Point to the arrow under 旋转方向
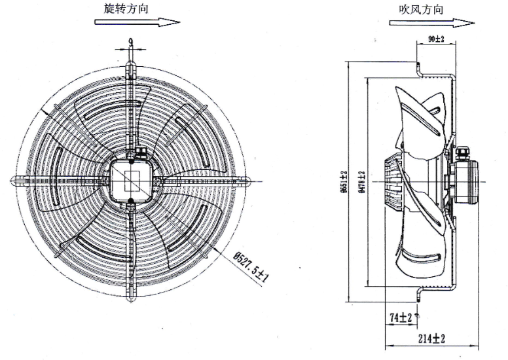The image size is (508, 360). (137, 22)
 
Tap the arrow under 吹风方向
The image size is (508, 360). (431, 22)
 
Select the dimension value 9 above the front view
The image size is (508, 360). (131, 43)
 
